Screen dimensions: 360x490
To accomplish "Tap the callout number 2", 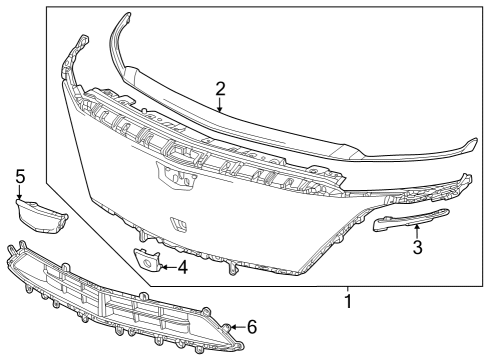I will pos(219,88).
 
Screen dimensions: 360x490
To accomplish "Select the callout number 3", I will pos(418,246).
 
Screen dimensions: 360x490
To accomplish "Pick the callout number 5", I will pos(19,176).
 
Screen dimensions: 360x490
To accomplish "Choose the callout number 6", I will pos(251,327).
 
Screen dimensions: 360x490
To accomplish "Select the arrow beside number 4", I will pos(166,267).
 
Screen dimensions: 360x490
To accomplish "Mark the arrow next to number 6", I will pos(236,327).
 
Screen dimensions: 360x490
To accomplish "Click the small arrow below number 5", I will pos(19,191).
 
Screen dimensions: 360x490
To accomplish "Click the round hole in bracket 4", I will pos(147,264).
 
